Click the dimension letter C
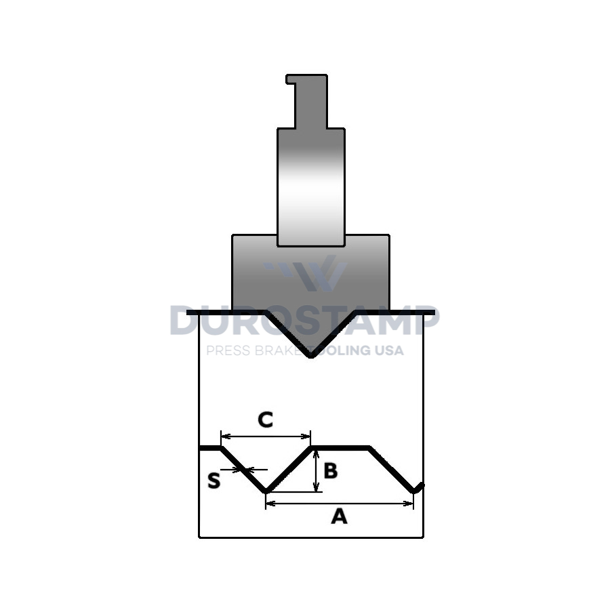tap(265, 420)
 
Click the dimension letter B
tap(330, 470)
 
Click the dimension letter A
tap(339, 516)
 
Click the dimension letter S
tap(214, 480)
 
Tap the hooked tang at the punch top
tap(307, 101)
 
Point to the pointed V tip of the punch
tap(310, 356)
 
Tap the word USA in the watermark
tap(389, 350)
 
